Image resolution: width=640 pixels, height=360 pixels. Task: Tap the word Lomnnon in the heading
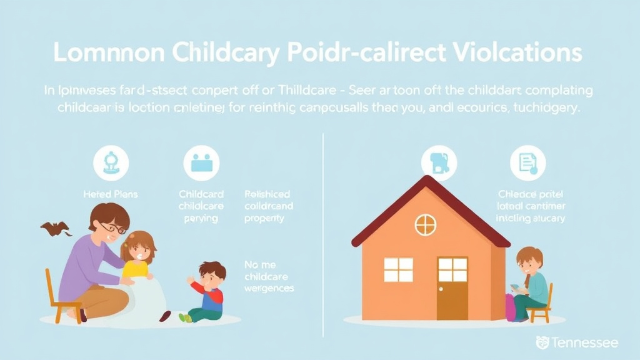pos(106,53)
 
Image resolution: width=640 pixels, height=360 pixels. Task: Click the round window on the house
pos(426,224)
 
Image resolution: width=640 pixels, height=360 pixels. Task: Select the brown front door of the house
pos(452,288)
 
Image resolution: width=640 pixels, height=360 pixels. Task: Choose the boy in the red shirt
pos(207,291)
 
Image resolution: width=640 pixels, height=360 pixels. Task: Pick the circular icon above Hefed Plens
pos(111,162)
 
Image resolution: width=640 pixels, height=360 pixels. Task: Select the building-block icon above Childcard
pos(201,162)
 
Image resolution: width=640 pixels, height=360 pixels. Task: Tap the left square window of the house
pos(398,269)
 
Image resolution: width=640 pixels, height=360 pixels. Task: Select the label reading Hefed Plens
pos(111,194)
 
